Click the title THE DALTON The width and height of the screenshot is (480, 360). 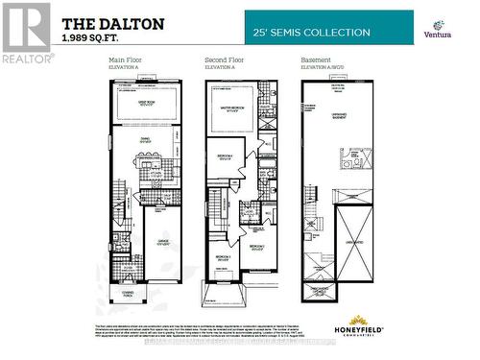112,22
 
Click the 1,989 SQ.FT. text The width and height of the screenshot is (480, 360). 93,38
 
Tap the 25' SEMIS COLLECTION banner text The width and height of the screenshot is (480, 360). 311,33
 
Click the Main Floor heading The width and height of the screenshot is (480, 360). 126,60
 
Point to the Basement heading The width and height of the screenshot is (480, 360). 317,60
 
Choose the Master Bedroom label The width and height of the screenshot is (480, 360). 236,109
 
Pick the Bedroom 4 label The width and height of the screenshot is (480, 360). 223,157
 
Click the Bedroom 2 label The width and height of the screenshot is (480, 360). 257,249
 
